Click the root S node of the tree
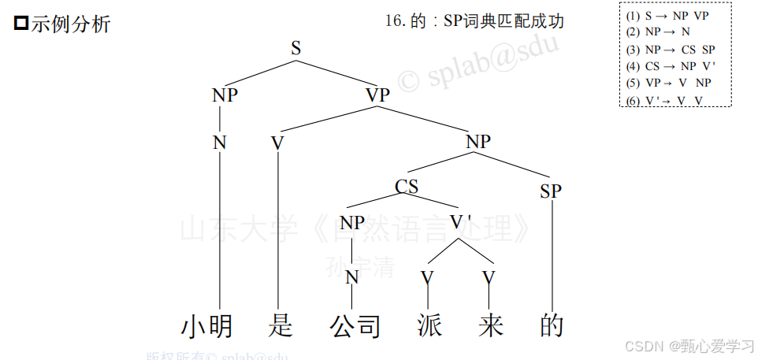click(x=296, y=48)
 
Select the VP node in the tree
click(x=377, y=95)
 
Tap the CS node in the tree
click(x=407, y=187)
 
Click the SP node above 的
click(x=551, y=191)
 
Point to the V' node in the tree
click(x=461, y=222)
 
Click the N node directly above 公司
click(x=352, y=277)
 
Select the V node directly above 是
click(x=277, y=143)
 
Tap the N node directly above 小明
click(x=220, y=143)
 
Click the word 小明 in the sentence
click(x=207, y=326)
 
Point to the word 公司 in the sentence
click(x=355, y=326)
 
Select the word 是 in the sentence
click(x=280, y=326)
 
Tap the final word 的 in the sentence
click(x=552, y=326)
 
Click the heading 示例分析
click(x=71, y=24)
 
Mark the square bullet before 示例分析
click(x=22, y=24)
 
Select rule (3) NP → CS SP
click(x=670, y=49)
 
